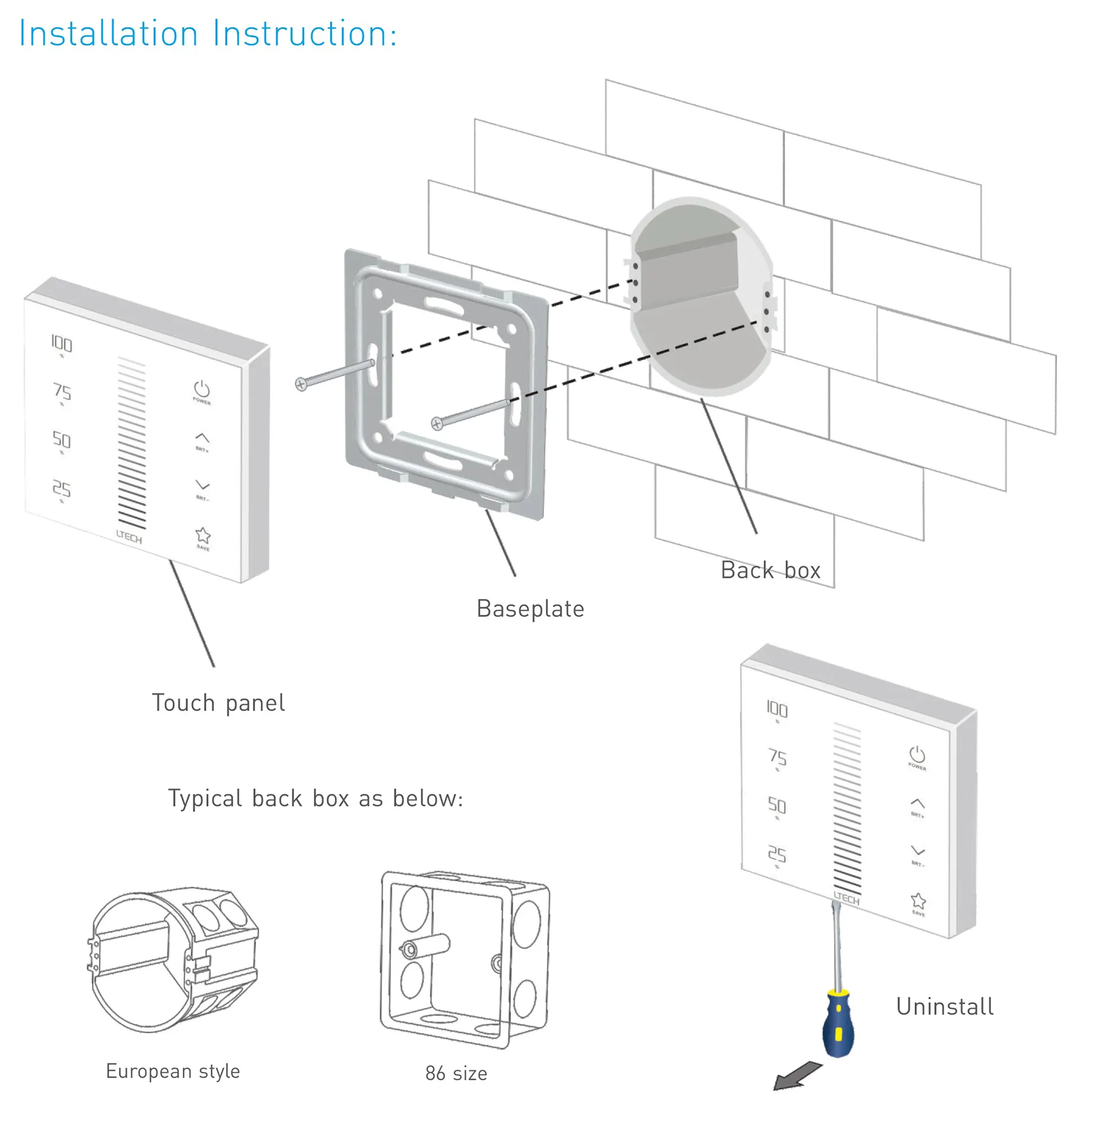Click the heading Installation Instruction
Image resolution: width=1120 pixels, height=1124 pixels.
(x=208, y=34)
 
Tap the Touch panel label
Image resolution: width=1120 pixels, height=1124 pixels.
(x=218, y=704)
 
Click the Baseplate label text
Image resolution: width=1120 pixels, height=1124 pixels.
(x=530, y=609)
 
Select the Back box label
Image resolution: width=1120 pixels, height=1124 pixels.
(x=770, y=570)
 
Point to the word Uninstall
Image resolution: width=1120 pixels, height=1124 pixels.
(x=945, y=1007)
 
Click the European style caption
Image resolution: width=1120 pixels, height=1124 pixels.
(x=173, y=1071)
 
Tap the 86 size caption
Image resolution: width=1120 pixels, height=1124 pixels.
(x=456, y=1073)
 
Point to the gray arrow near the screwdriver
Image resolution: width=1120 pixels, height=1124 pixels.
(x=796, y=1077)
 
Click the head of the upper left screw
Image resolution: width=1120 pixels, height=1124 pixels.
(x=301, y=384)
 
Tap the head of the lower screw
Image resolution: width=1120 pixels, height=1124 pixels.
(x=437, y=424)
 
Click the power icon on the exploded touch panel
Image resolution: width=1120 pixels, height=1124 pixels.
(x=202, y=389)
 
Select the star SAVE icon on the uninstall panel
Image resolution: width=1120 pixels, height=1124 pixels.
(x=918, y=901)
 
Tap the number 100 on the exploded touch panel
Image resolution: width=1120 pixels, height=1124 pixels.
(x=62, y=344)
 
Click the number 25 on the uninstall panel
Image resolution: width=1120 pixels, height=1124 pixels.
(x=777, y=854)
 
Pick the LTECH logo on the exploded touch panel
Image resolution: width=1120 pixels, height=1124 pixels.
(x=129, y=536)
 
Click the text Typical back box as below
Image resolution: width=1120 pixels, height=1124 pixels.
(x=316, y=799)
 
